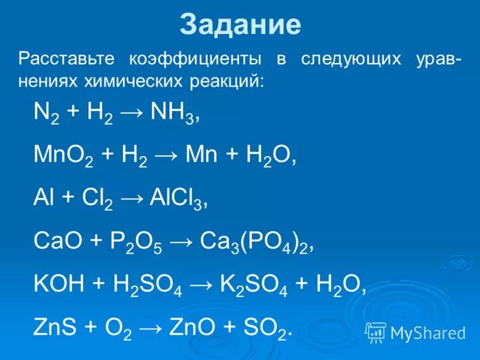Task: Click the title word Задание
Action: pyautogui.click(x=240, y=25)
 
